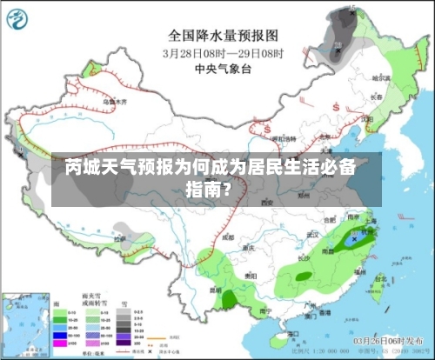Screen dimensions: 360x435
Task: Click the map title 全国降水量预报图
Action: point(223,36)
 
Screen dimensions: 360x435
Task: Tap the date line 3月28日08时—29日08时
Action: point(223,52)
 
